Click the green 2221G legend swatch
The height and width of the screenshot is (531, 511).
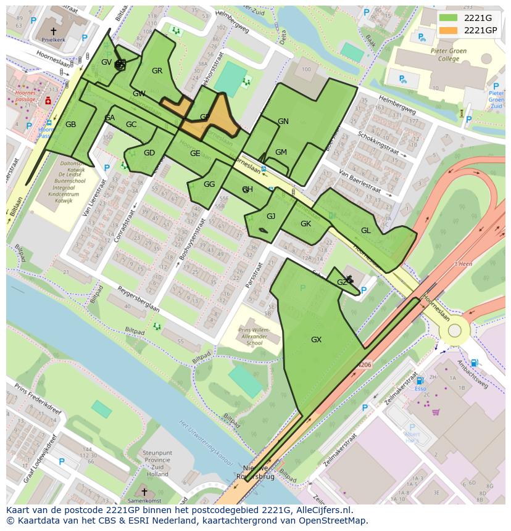(x=449, y=18)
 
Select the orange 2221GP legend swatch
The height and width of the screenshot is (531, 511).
(x=449, y=30)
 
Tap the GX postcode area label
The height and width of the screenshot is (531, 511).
(x=316, y=340)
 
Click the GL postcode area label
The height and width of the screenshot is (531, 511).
(x=365, y=231)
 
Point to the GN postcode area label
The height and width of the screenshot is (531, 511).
(x=283, y=121)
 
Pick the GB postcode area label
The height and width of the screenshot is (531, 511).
(x=70, y=125)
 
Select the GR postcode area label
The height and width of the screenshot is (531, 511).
(x=157, y=71)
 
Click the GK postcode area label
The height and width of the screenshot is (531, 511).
(x=305, y=224)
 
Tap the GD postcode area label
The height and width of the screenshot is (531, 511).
(x=149, y=153)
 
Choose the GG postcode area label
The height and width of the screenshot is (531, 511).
(x=209, y=184)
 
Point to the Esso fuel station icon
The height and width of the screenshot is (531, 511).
(x=420, y=381)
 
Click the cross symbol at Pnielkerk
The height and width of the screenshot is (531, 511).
(x=53, y=30)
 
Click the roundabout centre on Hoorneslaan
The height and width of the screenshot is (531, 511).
(x=454, y=331)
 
